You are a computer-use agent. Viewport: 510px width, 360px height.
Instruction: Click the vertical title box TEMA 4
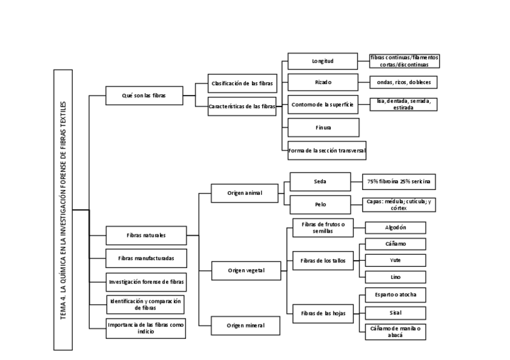(x=63, y=209)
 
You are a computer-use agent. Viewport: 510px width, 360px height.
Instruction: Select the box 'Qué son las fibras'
(x=144, y=96)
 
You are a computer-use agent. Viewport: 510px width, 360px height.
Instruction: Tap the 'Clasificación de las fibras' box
(x=242, y=83)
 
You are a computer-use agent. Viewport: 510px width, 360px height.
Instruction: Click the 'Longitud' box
(x=323, y=61)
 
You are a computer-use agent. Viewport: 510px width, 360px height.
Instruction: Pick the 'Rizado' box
(x=323, y=82)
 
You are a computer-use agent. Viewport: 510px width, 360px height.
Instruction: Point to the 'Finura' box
(x=323, y=127)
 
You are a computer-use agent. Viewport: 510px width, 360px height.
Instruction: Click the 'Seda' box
(x=320, y=181)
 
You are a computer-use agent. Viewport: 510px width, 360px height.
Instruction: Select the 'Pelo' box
(x=320, y=204)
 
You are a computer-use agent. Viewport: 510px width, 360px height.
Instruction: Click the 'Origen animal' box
(x=245, y=193)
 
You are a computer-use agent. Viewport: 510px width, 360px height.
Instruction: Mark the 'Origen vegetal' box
(x=246, y=270)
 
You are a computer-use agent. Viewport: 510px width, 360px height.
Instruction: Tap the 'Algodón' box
(x=396, y=227)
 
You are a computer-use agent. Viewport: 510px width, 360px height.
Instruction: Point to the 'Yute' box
(x=396, y=260)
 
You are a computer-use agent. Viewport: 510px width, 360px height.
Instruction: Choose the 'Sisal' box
(x=396, y=312)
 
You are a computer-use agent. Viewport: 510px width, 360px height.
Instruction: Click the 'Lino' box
(x=396, y=277)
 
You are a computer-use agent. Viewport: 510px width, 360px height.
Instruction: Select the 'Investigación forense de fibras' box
(x=146, y=281)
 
